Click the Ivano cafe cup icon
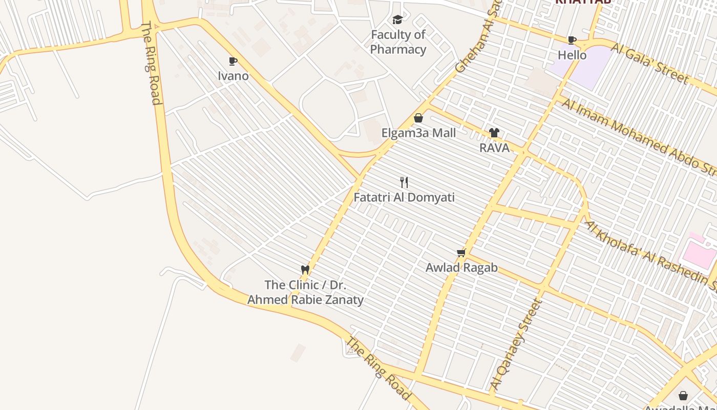pyautogui.click(x=233, y=61)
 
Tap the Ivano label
pyautogui.click(x=234, y=76)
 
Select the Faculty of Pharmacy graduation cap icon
pyautogui.click(x=397, y=20)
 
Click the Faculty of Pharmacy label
pyautogui.click(x=398, y=42)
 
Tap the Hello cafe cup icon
pyautogui.click(x=572, y=40)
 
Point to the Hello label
pyautogui.click(x=572, y=54)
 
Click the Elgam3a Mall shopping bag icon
pyautogui.click(x=418, y=118)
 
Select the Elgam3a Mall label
pyautogui.click(x=418, y=133)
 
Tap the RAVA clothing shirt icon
pyautogui.click(x=494, y=133)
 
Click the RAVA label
pyautogui.click(x=494, y=148)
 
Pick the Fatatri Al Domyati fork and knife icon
pyautogui.click(x=404, y=182)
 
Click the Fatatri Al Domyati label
pyautogui.click(x=404, y=197)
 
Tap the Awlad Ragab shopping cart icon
pyautogui.click(x=461, y=253)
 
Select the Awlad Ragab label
pyautogui.click(x=461, y=268)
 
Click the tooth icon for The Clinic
pyautogui.click(x=305, y=270)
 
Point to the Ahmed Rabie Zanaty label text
pyautogui.click(x=306, y=300)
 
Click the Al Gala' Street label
pyautogui.click(x=650, y=63)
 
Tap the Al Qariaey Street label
pyautogui.click(x=516, y=343)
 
